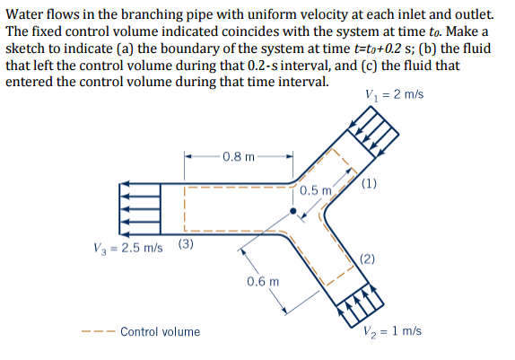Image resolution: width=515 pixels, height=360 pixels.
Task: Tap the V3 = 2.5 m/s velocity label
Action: click(128, 249)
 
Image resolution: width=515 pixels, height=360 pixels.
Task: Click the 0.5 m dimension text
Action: click(317, 190)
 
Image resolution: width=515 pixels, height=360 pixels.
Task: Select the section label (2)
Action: click(371, 259)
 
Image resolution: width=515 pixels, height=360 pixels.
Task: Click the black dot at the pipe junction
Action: click(293, 212)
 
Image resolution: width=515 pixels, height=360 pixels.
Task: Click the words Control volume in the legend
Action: click(160, 332)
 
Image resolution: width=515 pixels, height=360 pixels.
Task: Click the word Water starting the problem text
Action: click(24, 14)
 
